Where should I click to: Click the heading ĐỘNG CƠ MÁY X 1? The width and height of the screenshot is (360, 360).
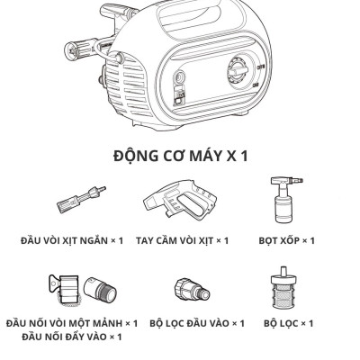click(x=181, y=155)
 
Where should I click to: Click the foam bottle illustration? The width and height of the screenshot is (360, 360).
click(x=282, y=203)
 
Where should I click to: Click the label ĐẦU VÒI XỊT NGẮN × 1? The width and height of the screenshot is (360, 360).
click(x=68, y=240)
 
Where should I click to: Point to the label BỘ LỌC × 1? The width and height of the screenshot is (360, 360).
click(x=283, y=323)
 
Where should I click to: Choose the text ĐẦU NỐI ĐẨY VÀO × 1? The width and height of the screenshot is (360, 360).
click(x=71, y=337)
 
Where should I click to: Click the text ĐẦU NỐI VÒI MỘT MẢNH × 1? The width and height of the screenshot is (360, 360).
click(x=71, y=323)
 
